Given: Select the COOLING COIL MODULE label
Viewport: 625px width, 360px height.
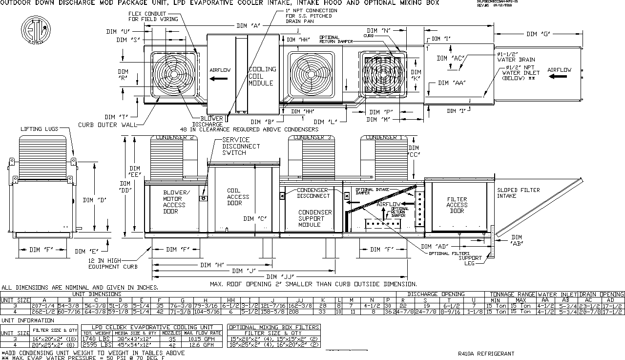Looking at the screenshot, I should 262,76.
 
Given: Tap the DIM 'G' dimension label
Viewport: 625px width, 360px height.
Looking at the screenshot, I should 538,34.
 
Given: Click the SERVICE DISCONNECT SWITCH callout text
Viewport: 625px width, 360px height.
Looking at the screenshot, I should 241,146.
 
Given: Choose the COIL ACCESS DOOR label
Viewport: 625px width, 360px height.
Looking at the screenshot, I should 238,197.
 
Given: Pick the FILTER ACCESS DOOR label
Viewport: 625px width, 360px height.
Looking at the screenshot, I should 457,205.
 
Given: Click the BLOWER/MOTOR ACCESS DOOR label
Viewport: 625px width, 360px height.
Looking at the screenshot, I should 174,202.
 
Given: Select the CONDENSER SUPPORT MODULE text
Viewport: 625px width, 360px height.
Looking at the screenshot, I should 315,218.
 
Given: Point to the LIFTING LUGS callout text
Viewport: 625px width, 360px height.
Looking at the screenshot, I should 39,129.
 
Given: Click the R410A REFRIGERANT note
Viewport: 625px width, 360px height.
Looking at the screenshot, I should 486,354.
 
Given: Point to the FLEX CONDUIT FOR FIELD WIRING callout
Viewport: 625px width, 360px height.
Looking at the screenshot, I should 147,16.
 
